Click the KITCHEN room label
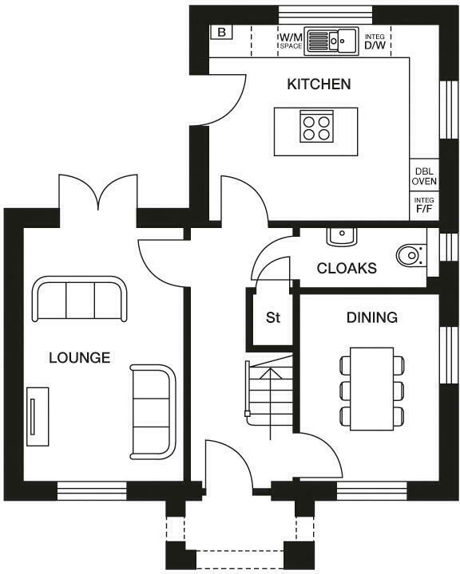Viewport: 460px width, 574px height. click(x=319, y=84)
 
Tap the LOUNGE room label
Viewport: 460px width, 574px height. click(x=79, y=357)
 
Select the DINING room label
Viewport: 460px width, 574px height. click(x=371, y=317)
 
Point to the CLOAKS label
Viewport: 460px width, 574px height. click(x=347, y=269)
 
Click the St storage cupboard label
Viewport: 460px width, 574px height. click(x=273, y=318)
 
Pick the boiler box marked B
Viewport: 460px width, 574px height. click(x=220, y=33)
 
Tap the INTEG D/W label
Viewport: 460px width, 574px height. click(x=375, y=41)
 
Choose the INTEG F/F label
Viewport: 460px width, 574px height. click(x=423, y=205)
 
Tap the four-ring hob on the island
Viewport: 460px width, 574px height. click(x=315, y=127)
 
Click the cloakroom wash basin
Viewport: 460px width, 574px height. click(x=341, y=236)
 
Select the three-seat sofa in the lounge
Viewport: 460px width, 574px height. click(x=79, y=301)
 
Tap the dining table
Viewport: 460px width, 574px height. click(x=372, y=388)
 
